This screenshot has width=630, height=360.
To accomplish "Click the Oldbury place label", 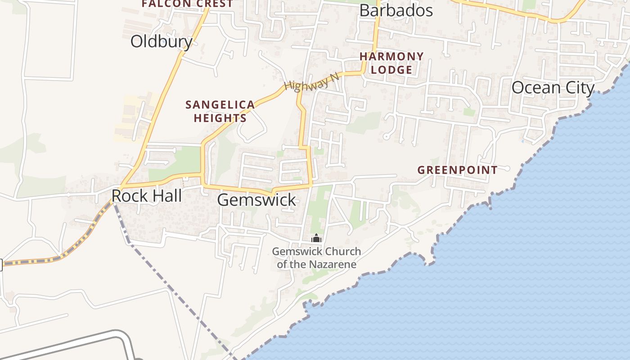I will [x=161, y=41].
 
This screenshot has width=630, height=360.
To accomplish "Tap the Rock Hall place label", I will [x=147, y=196].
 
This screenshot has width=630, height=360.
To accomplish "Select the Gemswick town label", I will [x=256, y=200].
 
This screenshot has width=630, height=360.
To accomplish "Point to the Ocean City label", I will [x=553, y=88].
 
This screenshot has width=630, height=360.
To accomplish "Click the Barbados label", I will [x=396, y=11].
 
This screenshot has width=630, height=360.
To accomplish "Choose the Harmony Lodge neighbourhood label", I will [x=391, y=63].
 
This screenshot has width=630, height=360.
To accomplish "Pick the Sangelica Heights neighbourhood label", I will [x=220, y=111].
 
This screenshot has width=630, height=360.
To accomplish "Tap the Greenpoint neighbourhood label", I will [x=457, y=170].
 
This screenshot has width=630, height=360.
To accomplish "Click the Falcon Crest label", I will [x=187, y=4].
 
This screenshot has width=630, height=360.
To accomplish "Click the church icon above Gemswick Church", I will [x=316, y=238].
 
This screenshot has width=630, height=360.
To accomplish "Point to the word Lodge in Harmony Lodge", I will [x=391, y=70].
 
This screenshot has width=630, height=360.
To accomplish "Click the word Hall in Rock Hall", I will [x=166, y=196].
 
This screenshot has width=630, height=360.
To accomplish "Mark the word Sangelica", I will [x=220, y=105].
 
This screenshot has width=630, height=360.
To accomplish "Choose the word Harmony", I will [x=391, y=57].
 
